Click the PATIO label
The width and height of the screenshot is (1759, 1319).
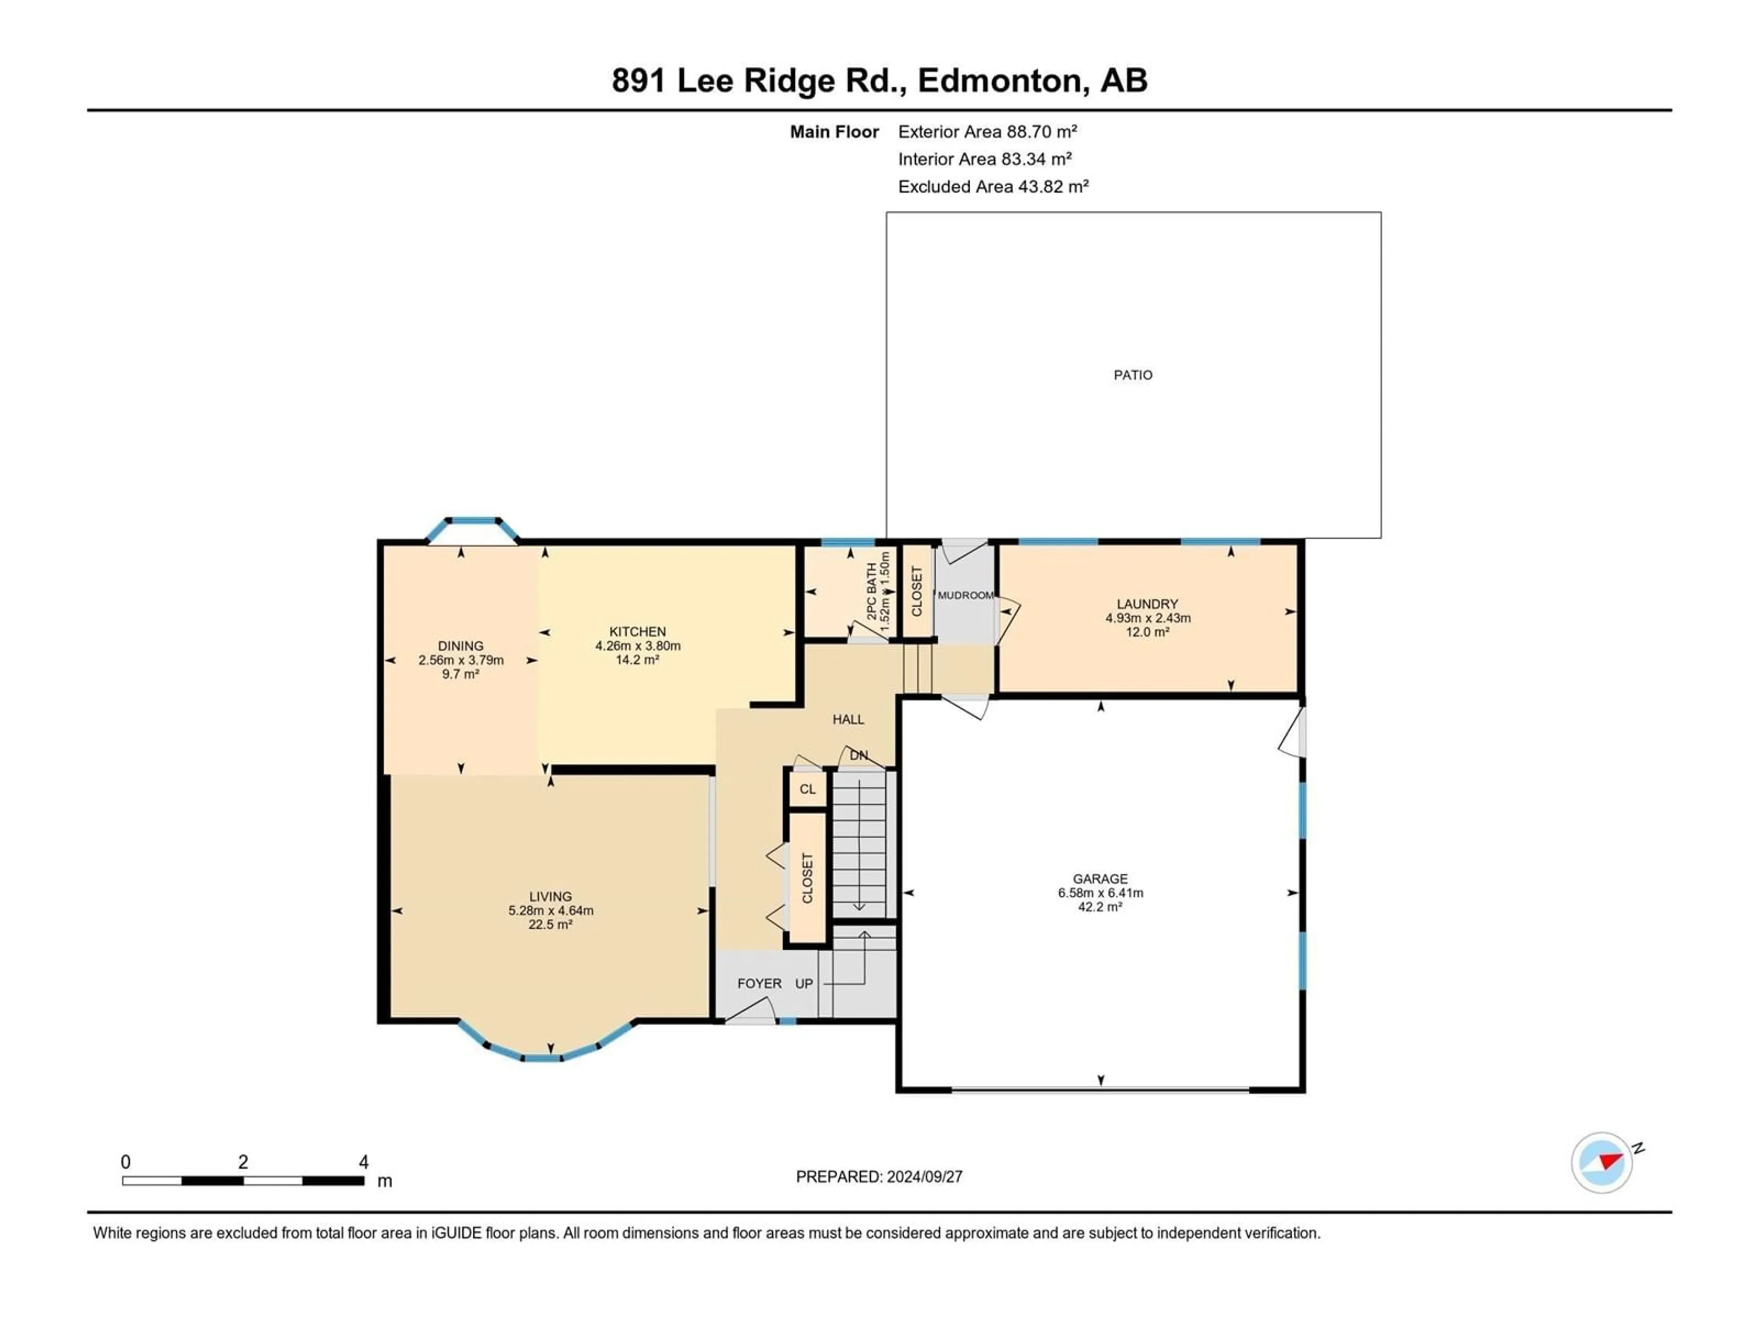tap(1132, 375)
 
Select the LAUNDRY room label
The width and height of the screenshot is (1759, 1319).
tap(1147, 604)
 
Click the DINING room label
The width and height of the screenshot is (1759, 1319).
tap(460, 646)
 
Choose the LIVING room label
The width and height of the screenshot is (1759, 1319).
tap(550, 896)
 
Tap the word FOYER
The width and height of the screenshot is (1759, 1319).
tap(759, 983)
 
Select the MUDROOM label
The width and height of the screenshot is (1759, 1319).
tap(965, 595)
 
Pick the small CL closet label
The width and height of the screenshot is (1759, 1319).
tap(807, 790)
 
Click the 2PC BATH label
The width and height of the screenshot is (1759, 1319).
tap(872, 592)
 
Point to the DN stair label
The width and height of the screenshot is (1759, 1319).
tap(859, 755)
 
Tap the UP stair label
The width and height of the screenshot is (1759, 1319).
tap(804, 983)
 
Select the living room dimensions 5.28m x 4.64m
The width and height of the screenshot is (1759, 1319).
tap(550, 910)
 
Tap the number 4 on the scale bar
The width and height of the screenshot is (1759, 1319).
tap(363, 1162)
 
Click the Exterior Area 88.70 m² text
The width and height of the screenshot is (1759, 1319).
tap(988, 132)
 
